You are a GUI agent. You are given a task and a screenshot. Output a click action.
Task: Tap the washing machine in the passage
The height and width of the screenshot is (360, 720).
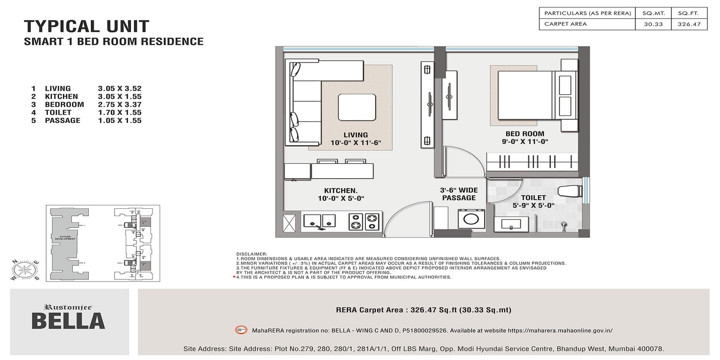pyautogui.click(x=471, y=219)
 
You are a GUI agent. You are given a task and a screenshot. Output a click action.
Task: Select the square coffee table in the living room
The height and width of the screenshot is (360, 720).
pyautogui.click(x=357, y=107)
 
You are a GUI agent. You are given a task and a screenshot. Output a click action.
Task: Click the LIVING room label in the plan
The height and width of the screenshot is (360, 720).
pyautogui.click(x=355, y=135)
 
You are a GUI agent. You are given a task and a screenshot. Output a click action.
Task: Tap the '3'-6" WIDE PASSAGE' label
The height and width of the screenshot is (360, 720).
pyautogui.click(x=459, y=194)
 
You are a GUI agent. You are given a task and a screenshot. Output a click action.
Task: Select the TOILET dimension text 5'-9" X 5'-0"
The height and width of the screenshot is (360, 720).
pyautogui.click(x=533, y=206)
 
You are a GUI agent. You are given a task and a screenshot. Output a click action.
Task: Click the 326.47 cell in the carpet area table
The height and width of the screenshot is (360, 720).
pyautogui.click(x=689, y=24)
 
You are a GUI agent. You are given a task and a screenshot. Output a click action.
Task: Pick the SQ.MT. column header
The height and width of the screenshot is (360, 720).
pyautogui.click(x=653, y=13)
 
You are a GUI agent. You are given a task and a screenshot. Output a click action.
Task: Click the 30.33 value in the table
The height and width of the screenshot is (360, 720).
pyautogui.click(x=653, y=24)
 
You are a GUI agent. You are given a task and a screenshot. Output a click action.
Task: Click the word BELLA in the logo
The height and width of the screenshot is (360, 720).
pyautogui.click(x=68, y=321)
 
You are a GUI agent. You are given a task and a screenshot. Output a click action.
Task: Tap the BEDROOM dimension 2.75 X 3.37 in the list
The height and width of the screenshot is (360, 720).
pyautogui.click(x=120, y=104)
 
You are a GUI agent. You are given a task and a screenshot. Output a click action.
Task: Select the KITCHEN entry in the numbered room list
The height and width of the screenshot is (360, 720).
pyautogui.click(x=61, y=96)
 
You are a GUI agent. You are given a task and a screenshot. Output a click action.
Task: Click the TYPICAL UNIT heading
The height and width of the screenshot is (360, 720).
pyautogui.click(x=86, y=27)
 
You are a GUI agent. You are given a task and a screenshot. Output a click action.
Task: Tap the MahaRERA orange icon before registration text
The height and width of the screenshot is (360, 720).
pyautogui.click(x=241, y=330)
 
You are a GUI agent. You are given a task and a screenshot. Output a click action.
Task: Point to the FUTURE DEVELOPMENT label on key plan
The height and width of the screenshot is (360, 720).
pyautogui.click(x=65, y=238)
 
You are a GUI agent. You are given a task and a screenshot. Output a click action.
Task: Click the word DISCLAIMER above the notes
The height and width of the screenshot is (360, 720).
pyautogui.click(x=252, y=254)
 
